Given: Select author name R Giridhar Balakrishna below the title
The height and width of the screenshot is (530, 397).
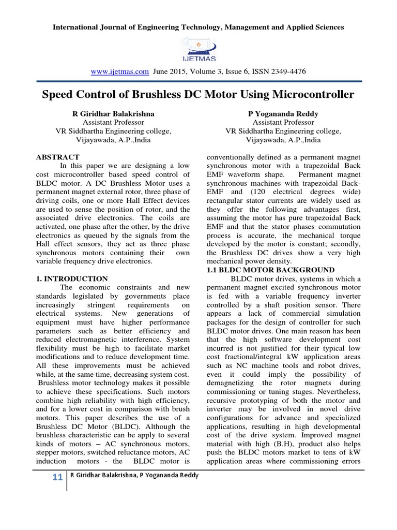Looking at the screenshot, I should click(x=113, y=113).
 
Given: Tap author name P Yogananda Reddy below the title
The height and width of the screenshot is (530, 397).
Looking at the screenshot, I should click(x=283, y=113).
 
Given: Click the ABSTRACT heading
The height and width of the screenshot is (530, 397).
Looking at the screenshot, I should click(x=57, y=157).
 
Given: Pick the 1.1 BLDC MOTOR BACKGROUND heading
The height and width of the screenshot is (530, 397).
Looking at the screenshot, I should click(x=270, y=270).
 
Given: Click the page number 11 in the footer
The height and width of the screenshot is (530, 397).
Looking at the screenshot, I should click(x=57, y=477).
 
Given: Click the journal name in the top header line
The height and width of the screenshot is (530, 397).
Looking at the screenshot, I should click(x=198, y=26).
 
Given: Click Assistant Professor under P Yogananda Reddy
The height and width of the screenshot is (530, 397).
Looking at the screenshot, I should click(x=283, y=122).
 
